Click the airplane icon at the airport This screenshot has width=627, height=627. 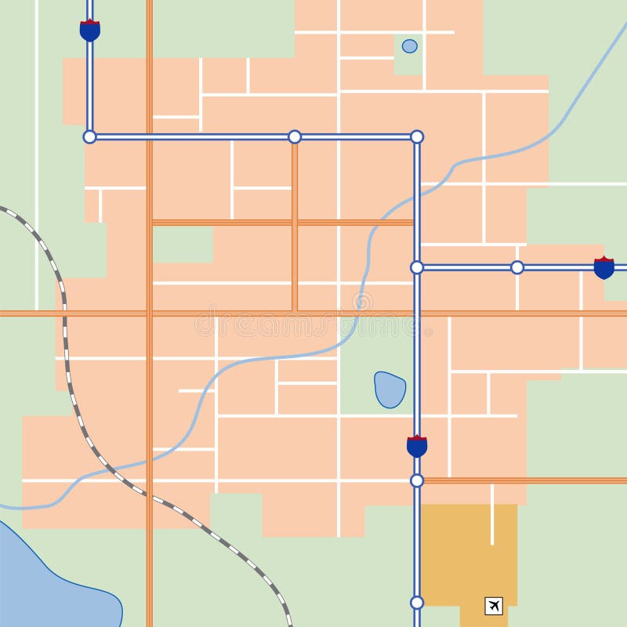pyautogui.click(x=494, y=606)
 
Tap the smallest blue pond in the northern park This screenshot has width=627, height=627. pyautogui.click(x=410, y=46)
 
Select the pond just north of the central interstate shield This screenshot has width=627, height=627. pyautogui.click(x=390, y=390)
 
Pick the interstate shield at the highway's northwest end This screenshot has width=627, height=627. pyautogui.click(x=90, y=31)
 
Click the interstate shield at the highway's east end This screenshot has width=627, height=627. pyautogui.click(x=604, y=268)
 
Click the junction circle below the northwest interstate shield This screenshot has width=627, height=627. pyautogui.click(x=90, y=137)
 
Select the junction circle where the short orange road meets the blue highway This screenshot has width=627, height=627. pyautogui.click(x=295, y=137)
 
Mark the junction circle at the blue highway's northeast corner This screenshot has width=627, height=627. pyautogui.click(x=417, y=137)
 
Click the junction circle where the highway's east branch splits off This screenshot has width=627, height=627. pyautogui.click(x=417, y=267)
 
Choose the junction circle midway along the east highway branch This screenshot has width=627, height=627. pyautogui.click(x=517, y=267)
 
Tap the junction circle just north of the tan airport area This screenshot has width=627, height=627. pyautogui.click(x=417, y=480)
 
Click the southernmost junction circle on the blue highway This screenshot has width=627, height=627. pyautogui.click(x=417, y=603)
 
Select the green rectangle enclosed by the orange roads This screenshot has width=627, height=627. pyautogui.click(x=182, y=244)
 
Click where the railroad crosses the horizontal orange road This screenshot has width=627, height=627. pyautogui.click(x=64, y=313)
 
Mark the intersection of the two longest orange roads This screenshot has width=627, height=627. pyautogui.click(x=149, y=313)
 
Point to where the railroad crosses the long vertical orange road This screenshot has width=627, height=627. pyautogui.click(x=149, y=495)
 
